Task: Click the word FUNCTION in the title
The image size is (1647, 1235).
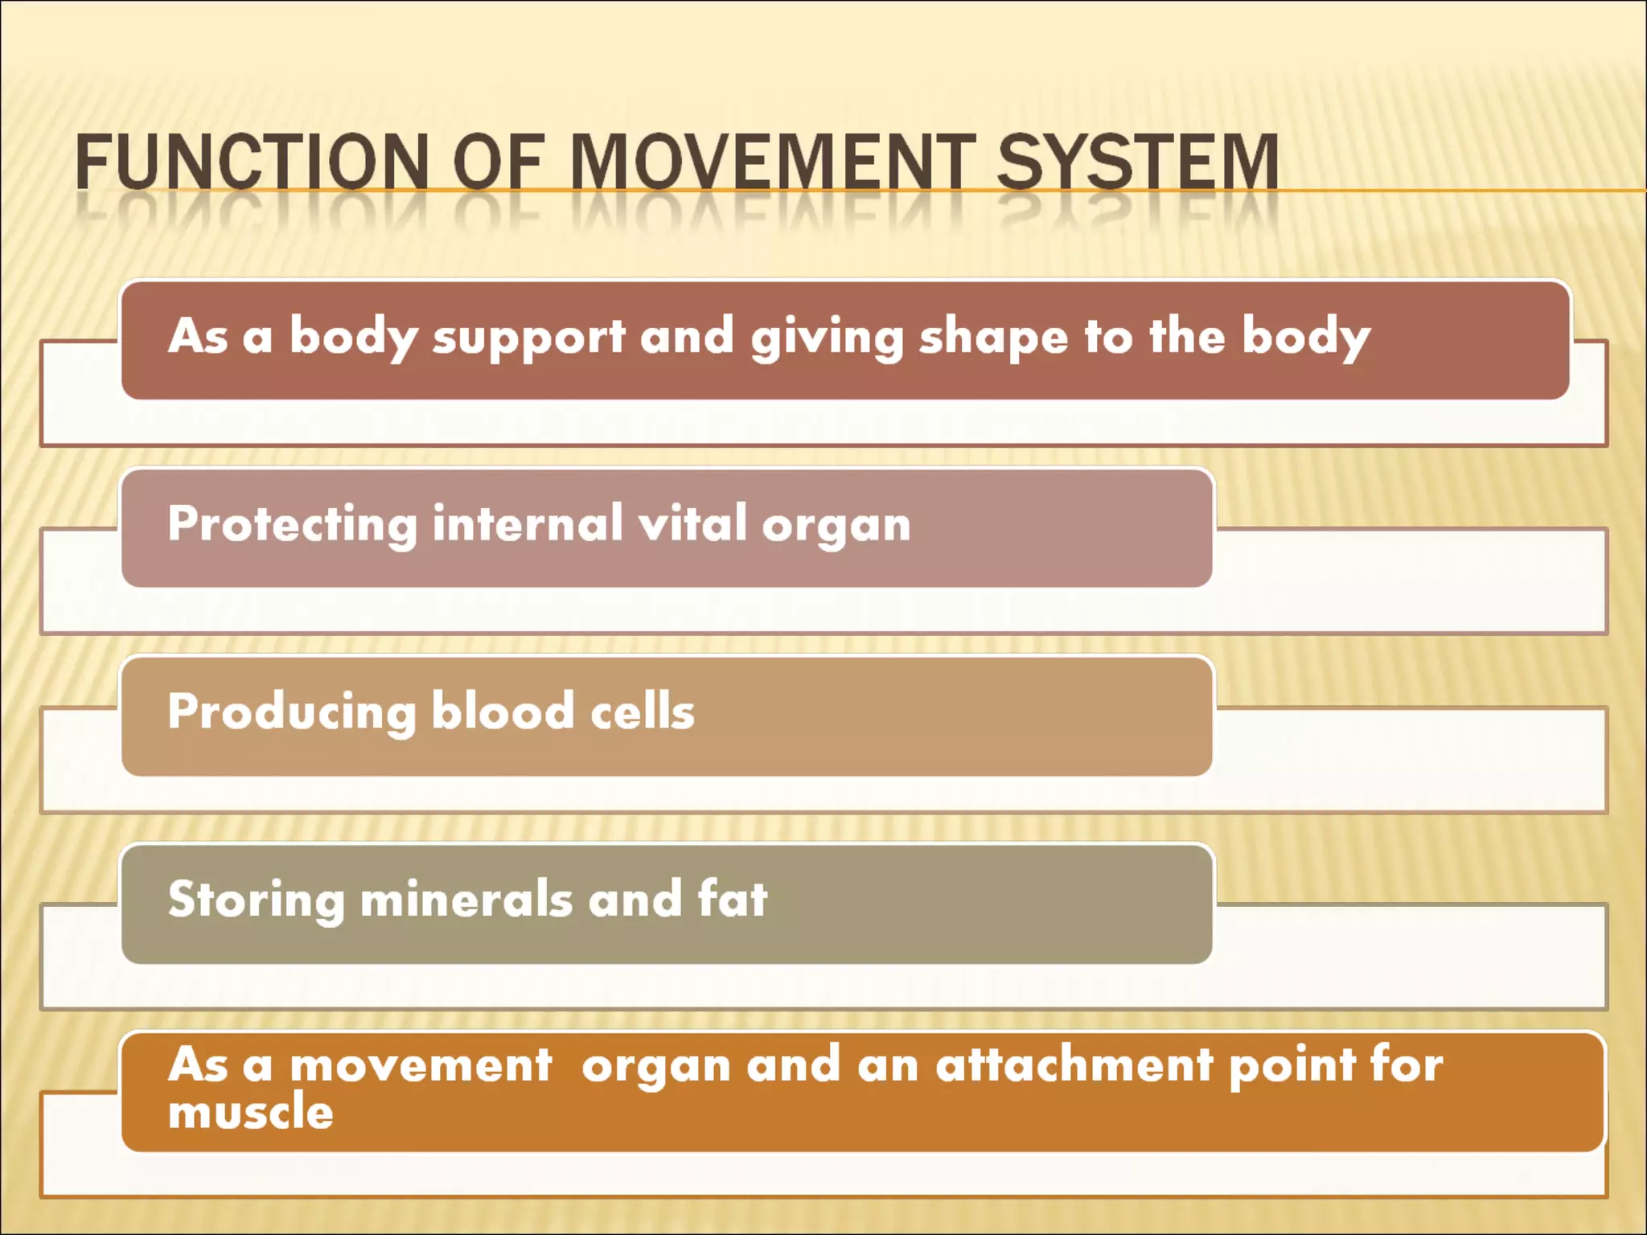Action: coord(252,162)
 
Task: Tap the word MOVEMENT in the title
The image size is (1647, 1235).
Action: coord(772,162)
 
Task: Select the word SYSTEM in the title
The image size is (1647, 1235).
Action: coord(1137,162)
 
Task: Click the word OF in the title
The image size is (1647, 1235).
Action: coord(499,162)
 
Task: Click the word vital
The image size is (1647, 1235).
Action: coord(693,523)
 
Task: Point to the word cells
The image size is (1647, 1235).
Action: coord(643,712)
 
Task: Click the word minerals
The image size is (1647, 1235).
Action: coord(466,899)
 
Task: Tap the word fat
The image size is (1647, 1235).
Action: coord(733,898)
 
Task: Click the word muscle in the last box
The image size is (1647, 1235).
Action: coord(251,1112)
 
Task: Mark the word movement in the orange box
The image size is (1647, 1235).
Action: coord(421,1065)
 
